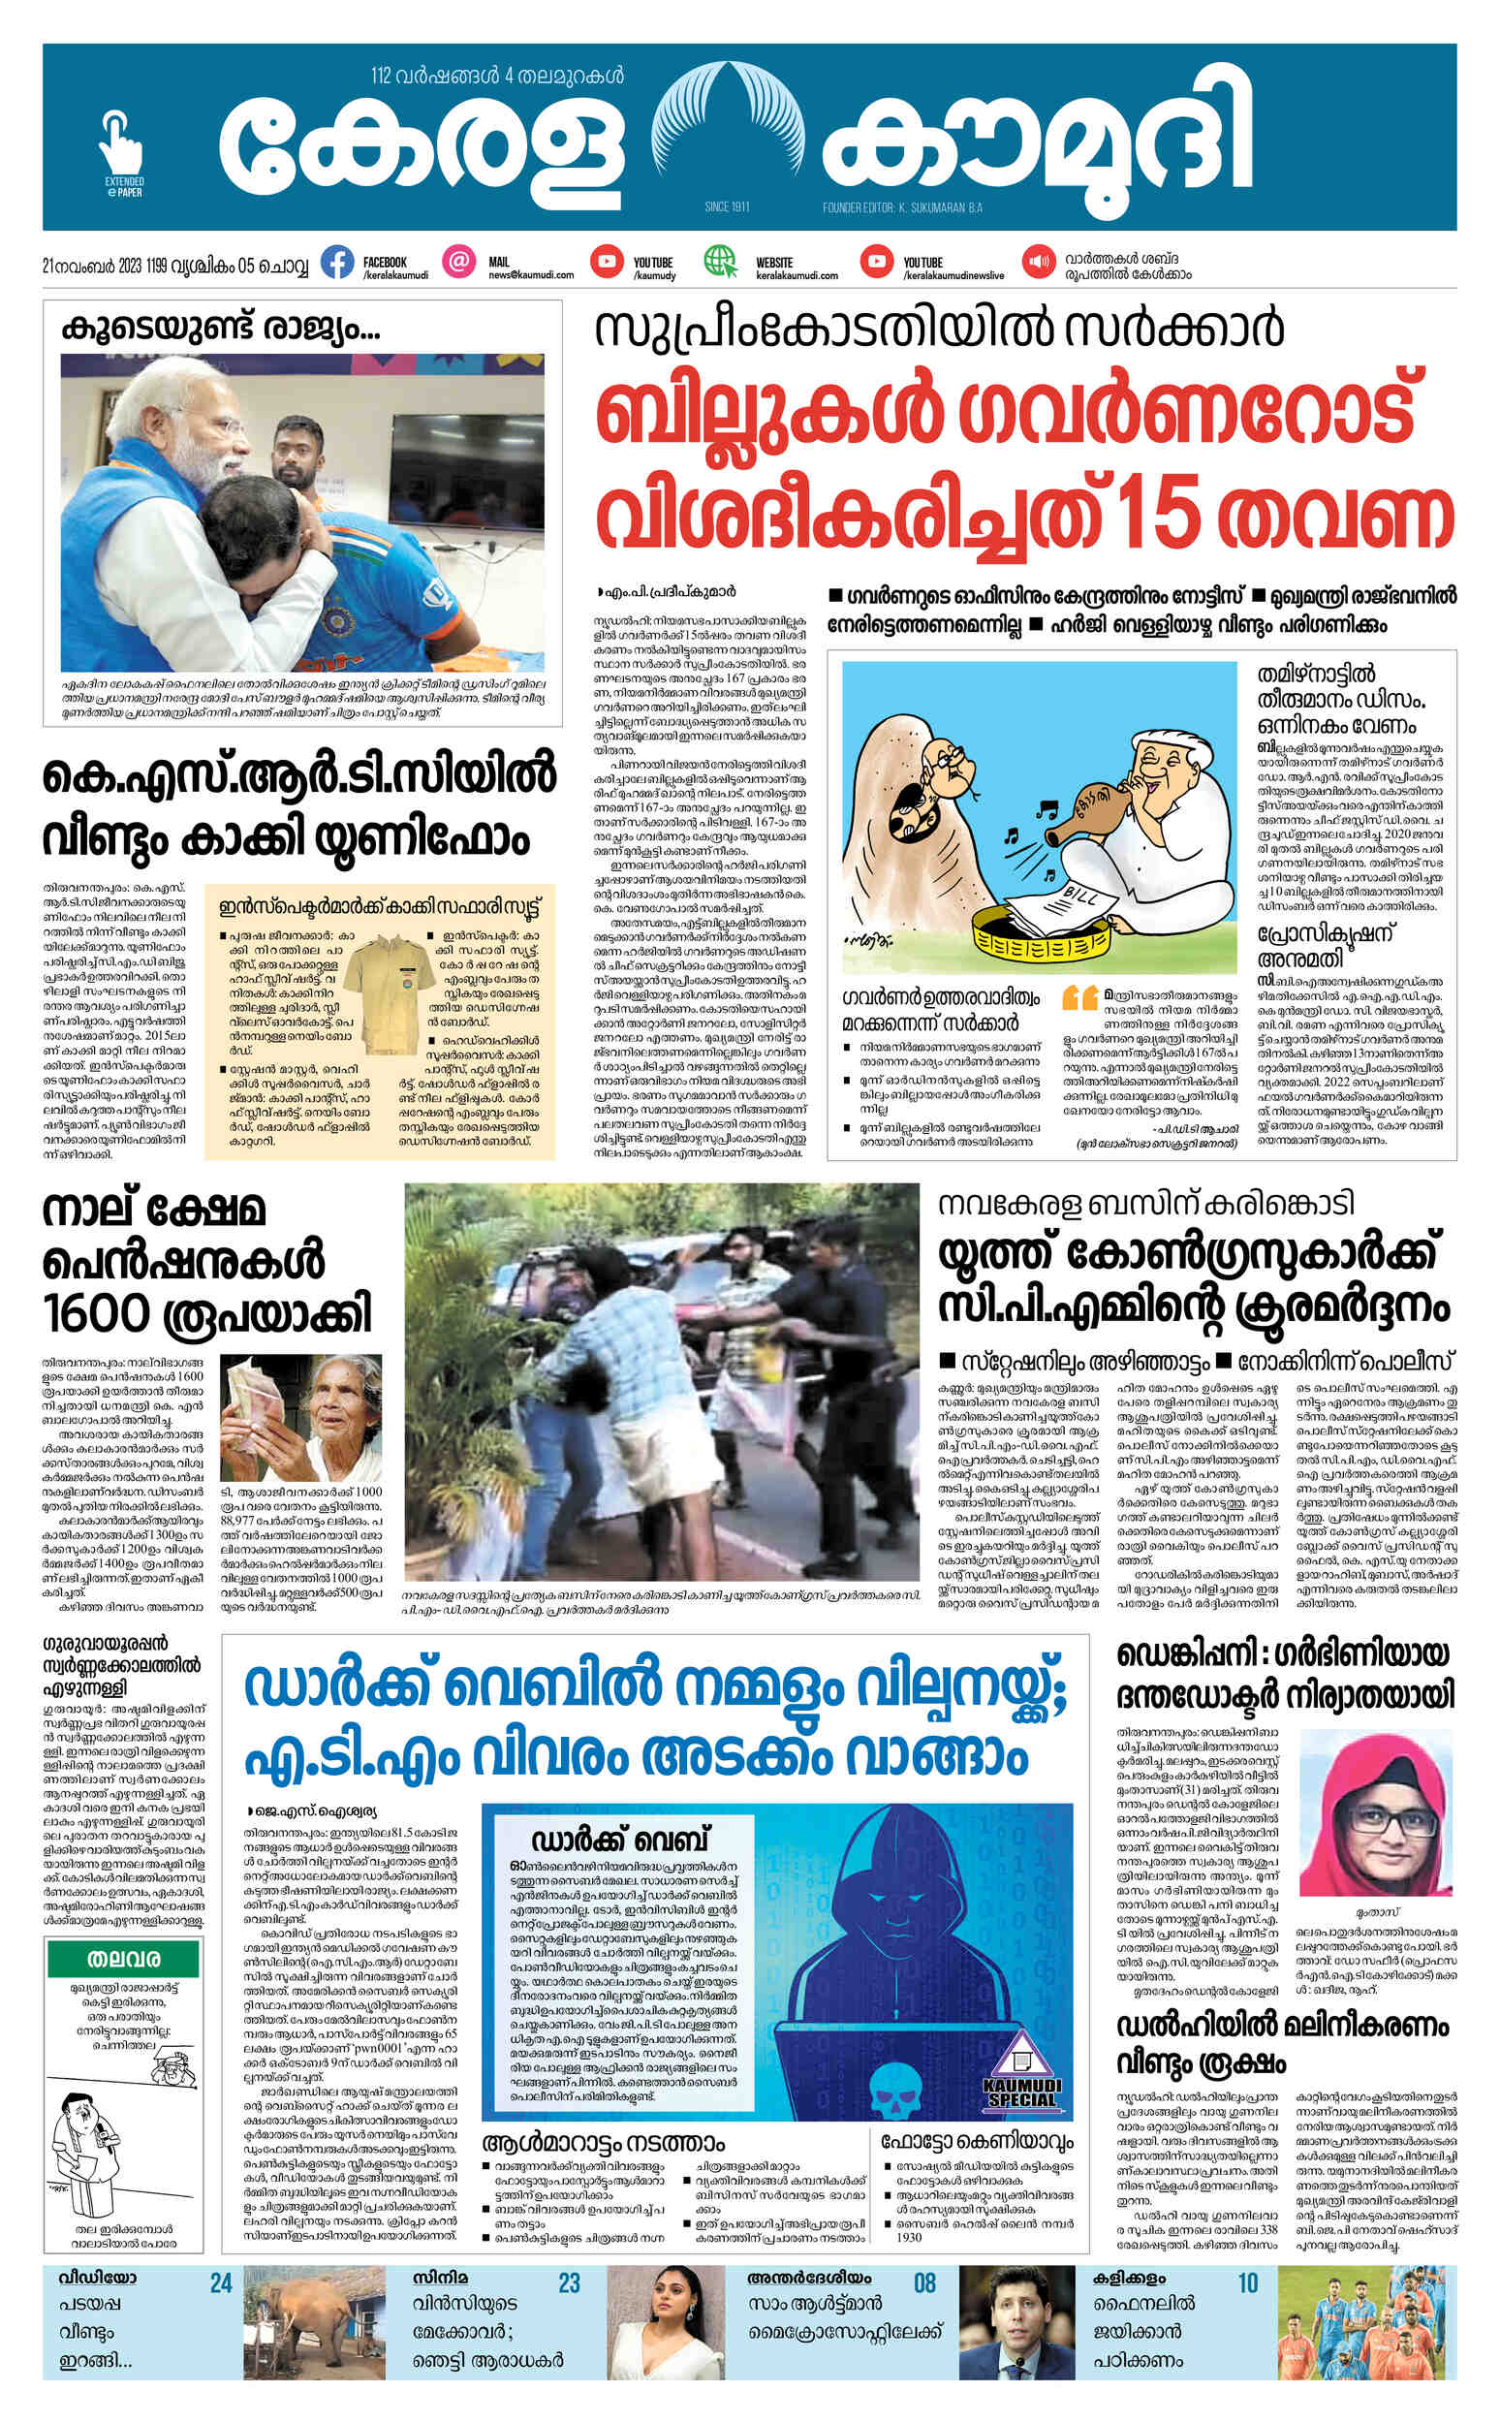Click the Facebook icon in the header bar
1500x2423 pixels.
pos(338,263)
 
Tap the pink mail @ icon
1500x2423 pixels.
pos(458,262)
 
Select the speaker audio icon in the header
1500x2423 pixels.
pos(1038,262)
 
